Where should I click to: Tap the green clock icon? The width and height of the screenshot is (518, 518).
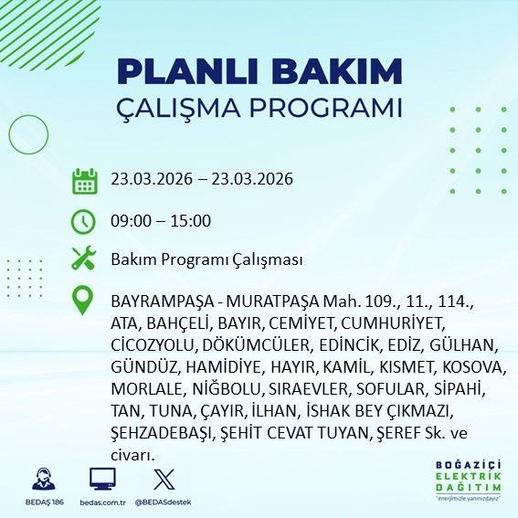coord(84,220)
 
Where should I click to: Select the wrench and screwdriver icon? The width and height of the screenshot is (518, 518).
coord(84,259)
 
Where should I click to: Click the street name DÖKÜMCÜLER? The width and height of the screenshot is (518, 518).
coord(259,345)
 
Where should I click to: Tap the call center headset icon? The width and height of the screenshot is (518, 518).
coord(42,478)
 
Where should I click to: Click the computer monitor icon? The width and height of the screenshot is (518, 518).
coord(101,478)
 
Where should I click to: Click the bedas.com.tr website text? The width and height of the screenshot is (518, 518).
coord(101,501)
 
